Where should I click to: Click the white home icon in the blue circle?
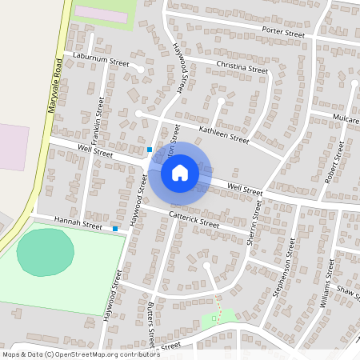coord(180,172)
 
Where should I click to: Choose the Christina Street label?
coord(241,68)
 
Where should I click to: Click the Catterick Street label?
coord(194,218)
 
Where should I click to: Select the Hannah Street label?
coord(78,222)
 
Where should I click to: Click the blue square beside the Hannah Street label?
coord(115,229)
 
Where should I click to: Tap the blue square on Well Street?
coord(150,149)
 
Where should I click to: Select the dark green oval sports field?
coord(45,251)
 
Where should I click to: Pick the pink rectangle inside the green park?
coord(102,14)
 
